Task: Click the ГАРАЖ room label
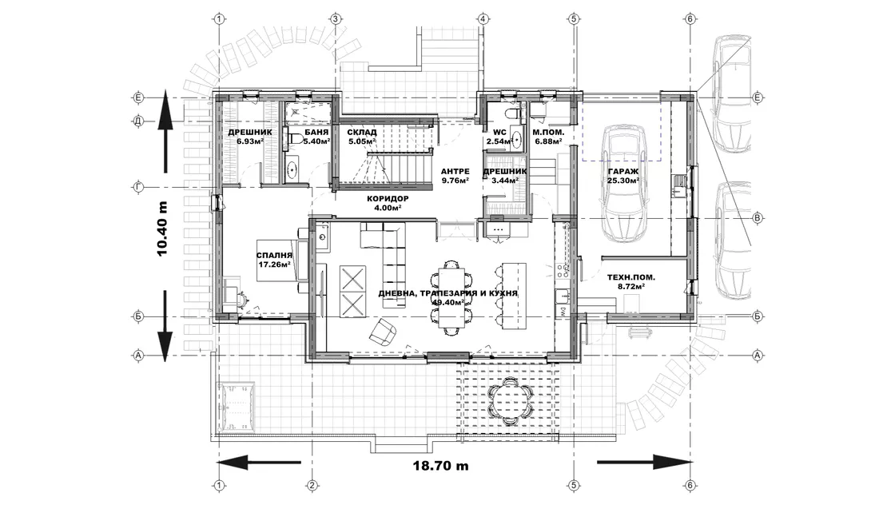[x=623, y=171]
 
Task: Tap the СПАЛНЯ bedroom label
[x=274, y=256]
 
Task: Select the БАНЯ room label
[x=316, y=133]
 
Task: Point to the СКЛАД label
[x=361, y=133]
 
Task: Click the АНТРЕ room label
[x=455, y=171]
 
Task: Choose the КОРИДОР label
[x=388, y=199]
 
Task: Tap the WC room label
[x=499, y=133]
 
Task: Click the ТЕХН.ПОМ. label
[x=630, y=277]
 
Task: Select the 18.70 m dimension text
[x=440, y=466]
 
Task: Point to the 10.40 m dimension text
[x=163, y=229]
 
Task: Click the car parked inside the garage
[x=623, y=183]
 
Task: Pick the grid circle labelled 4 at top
[x=483, y=19]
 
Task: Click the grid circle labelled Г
[x=137, y=187]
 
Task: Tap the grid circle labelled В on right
[x=758, y=218]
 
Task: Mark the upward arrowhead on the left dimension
[x=165, y=104]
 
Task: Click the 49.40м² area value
[x=448, y=302]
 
